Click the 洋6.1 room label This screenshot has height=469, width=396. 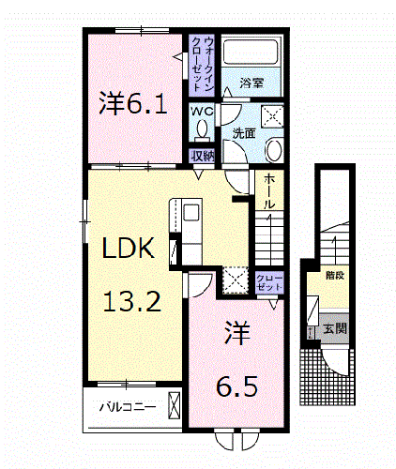[x=133, y=102]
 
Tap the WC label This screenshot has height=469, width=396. [x=202, y=112]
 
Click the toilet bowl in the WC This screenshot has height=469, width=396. [x=201, y=131]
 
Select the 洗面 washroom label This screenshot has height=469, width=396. [x=244, y=134]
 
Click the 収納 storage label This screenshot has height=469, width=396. [x=201, y=156]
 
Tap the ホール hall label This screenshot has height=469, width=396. [x=269, y=190]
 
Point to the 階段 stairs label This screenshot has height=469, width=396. [x=334, y=276]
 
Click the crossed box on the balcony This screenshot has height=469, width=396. [x=174, y=406]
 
